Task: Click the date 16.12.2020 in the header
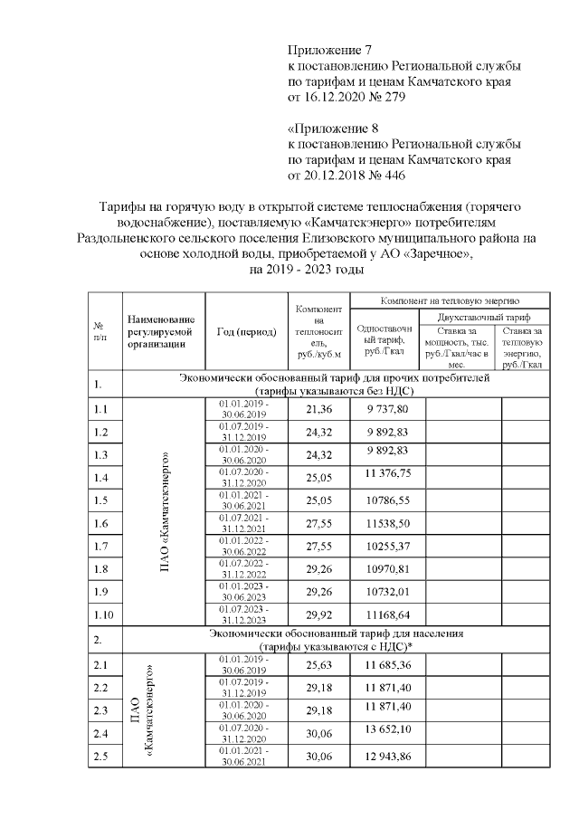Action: (341, 97)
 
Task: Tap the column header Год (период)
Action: (246, 332)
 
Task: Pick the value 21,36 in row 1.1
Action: (317, 409)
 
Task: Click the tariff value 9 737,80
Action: (386, 409)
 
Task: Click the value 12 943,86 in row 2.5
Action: (386, 756)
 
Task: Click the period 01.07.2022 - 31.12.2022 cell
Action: (246, 569)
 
